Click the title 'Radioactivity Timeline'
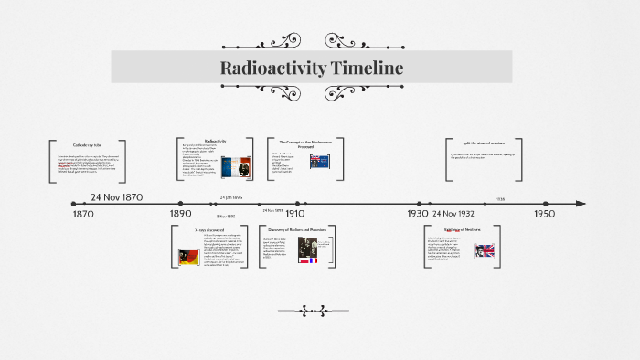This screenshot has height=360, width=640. point(312,69)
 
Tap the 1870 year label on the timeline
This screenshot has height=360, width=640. point(82,214)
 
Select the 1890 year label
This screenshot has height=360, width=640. point(180,214)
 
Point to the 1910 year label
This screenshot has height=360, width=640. point(295,214)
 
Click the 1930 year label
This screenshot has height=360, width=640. point(418,214)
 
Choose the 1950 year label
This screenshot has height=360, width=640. point(545,214)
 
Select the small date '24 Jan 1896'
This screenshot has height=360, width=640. point(231,196)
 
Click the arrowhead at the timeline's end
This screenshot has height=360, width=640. point(581,203)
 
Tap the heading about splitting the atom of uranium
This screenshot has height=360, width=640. point(490,145)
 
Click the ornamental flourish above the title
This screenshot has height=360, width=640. point(312,40)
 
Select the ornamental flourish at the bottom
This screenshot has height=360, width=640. point(312,309)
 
